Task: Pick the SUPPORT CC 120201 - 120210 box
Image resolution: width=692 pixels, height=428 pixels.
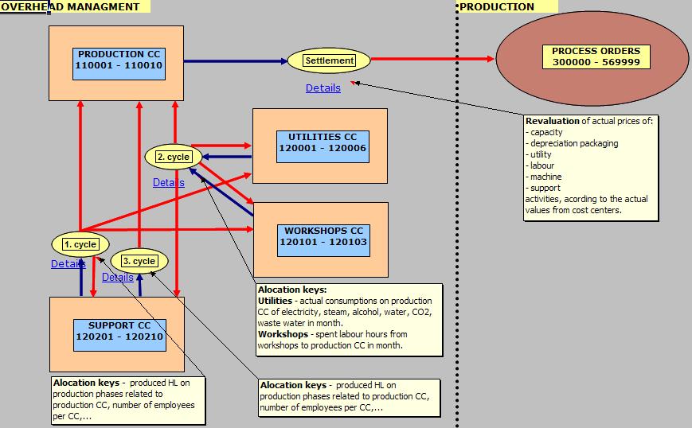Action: click(119, 331)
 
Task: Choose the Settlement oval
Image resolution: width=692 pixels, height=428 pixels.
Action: click(329, 60)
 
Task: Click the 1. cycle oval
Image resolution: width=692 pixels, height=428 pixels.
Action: click(80, 244)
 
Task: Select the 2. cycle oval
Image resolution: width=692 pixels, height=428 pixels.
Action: click(173, 157)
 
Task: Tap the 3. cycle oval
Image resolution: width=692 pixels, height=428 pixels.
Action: click(139, 261)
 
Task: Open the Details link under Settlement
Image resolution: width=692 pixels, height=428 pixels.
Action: click(323, 88)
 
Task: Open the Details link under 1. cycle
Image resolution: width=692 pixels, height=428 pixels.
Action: click(68, 264)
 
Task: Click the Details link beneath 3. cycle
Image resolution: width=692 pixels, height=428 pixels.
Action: click(117, 278)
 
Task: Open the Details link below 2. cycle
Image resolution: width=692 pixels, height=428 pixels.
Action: click(168, 183)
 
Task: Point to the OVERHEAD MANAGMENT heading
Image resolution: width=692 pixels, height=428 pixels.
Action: click(69, 6)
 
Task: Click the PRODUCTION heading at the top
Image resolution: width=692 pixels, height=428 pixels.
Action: click(498, 6)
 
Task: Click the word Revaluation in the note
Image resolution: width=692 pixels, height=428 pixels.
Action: click(552, 121)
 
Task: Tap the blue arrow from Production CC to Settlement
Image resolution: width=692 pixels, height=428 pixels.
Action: click(235, 60)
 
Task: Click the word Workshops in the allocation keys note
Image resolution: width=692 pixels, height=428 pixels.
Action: click(282, 335)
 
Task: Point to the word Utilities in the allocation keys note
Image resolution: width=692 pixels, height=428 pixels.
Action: click(275, 302)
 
